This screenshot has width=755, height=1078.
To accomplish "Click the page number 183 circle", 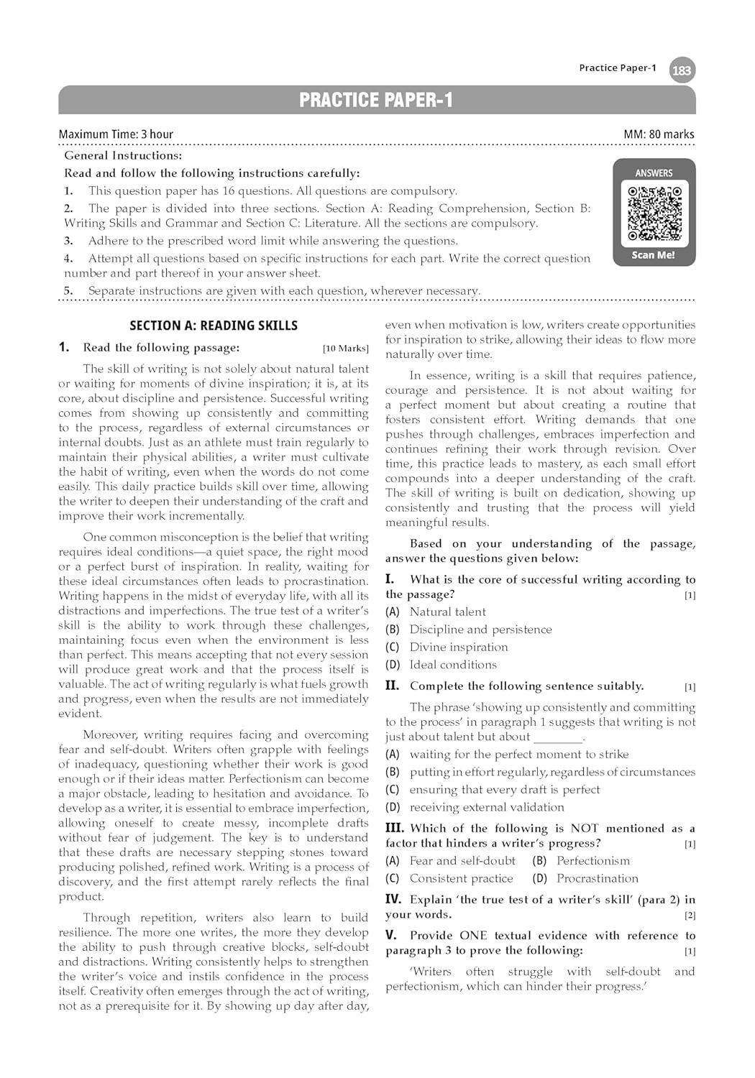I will pyautogui.click(x=682, y=70).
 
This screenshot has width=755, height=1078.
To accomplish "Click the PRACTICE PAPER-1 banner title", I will pyautogui.click(x=376, y=100).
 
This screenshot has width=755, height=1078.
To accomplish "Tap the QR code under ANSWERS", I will pyautogui.click(x=654, y=213).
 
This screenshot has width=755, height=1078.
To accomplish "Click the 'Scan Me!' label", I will pyautogui.click(x=653, y=255).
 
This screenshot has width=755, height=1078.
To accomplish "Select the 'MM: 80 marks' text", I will pyautogui.click(x=659, y=134).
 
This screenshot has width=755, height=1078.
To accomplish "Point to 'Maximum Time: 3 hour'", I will pyautogui.click(x=116, y=134).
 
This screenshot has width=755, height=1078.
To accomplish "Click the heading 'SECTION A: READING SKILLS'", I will pyautogui.click(x=214, y=326).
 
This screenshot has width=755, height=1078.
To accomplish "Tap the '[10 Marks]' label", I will pyautogui.click(x=345, y=349).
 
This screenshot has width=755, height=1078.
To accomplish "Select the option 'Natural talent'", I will pyautogui.click(x=447, y=612).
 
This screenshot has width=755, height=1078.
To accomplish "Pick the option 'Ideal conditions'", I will pyautogui.click(x=453, y=665).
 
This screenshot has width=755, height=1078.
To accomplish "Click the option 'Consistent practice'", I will pyautogui.click(x=461, y=878).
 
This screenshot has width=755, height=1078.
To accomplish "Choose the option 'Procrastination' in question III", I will pyautogui.click(x=597, y=878).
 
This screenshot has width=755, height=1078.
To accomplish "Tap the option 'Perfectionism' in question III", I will pyautogui.click(x=592, y=861).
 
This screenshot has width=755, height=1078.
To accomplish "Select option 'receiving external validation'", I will pyautogui.click(x=487, y=807).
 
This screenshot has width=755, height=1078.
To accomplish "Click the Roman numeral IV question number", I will pyautogui.click(x=393, y=899).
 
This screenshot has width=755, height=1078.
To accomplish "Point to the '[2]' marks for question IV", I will pyautogui.click(x=690, y=916).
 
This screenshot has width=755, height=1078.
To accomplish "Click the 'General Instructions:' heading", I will pyautogui.click(x=123, y=155).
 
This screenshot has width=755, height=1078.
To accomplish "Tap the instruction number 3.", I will pyautogui.click(x=68, y=241).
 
